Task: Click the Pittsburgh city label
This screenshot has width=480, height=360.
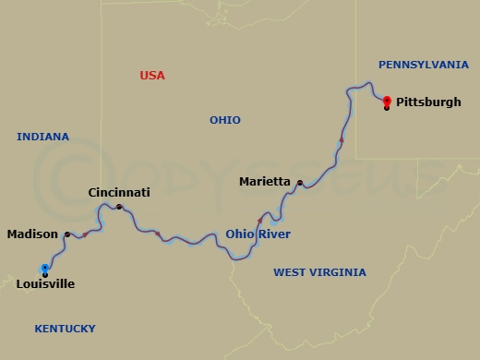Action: [x=428, y=102]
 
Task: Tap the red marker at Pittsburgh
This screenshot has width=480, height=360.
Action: [x=387, y=100]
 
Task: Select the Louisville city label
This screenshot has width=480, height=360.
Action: [x=45, y=284]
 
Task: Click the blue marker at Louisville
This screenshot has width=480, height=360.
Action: [x=45, y=268]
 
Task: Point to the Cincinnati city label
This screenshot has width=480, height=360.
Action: [x=118, y=193]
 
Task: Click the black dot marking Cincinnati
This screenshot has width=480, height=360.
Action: [x=118, y=206]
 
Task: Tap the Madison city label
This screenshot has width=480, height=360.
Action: [x=32, y=234]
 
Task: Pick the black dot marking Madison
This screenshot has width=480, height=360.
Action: [x=67, y=234]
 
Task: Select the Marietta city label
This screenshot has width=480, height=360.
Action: [x=265, y=182]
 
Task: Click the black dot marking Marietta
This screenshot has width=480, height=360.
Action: [x=299, y=183]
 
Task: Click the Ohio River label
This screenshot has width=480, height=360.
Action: [x=258, y=234]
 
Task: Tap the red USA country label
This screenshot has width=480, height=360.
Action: [x=152, y=76]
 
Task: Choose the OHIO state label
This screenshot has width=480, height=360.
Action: [x=224, y=121]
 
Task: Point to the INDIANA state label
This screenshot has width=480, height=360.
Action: [x=42, y=138]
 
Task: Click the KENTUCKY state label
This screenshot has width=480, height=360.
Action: [x=65, y=329]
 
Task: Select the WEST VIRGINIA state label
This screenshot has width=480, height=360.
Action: [x=319, y=272]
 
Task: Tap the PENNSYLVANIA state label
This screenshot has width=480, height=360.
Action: [x=424, y=65]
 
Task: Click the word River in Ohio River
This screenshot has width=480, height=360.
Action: [x=274, y=234]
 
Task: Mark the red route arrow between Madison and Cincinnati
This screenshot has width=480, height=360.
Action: [x=85, y=234]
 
